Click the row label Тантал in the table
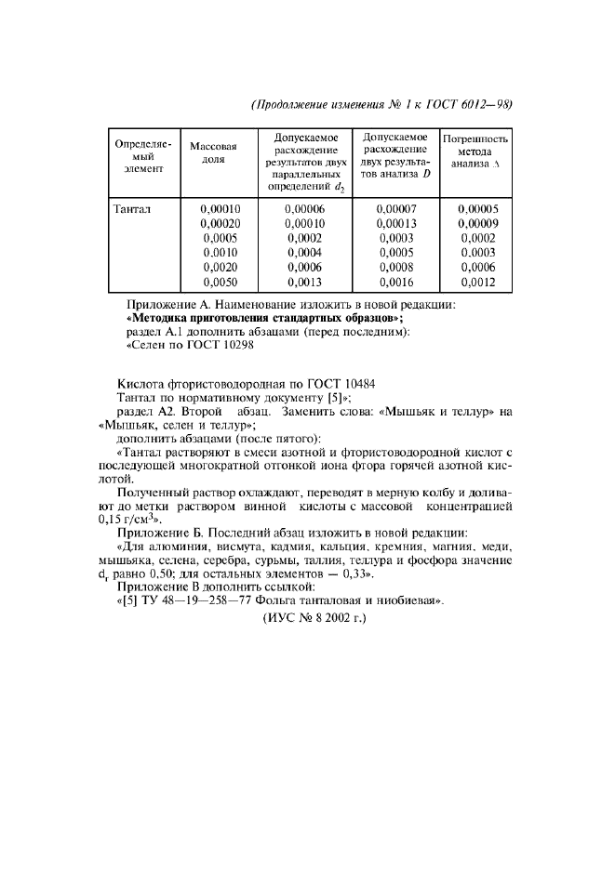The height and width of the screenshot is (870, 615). point(132,209)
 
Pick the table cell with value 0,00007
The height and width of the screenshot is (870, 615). point(395,209)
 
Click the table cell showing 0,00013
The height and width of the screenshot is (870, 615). point(395,224)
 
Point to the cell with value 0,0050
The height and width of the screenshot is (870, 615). point(221,283)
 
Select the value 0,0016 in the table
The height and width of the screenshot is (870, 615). point(395,283)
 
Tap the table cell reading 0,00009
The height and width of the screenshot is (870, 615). point(477,224)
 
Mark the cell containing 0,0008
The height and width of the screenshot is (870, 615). point(395,268)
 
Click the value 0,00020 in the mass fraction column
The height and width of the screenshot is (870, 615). point(221,224)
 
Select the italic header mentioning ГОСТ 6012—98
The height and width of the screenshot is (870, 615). point(382,104)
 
